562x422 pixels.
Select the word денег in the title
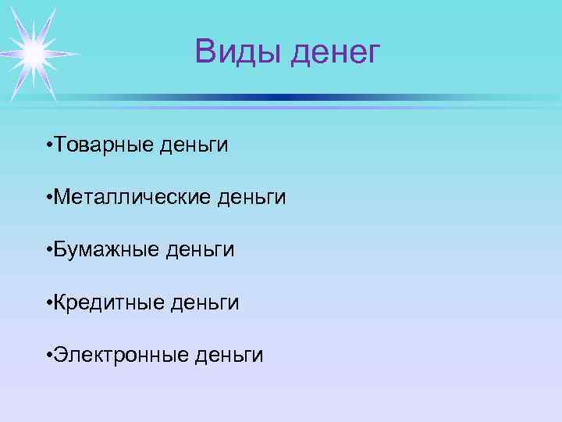[x=335, y=53]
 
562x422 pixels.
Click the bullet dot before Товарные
[x=48, y=146]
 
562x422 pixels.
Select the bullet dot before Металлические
[x=48, y=198]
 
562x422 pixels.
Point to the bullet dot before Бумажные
[x=48, y=251]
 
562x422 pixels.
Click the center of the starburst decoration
[x=33, y=53]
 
